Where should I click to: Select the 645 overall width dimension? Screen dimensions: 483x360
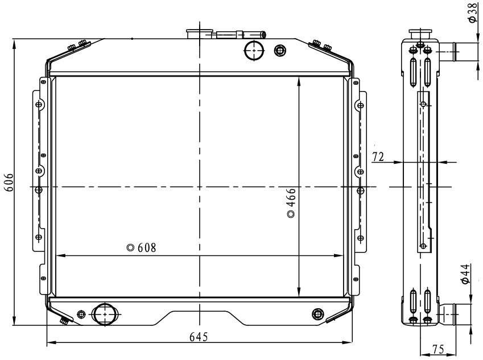(x=199, y=337)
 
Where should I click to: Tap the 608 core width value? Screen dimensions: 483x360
(x=147, y=247)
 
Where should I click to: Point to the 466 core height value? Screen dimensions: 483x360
(x=291, y=197)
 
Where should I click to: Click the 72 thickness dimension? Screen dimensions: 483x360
(x=378, y=157)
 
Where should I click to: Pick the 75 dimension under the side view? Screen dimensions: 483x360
(x=437, y=349)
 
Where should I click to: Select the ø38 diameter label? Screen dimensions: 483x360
(x=473, y=13)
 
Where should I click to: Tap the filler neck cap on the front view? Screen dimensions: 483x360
(x=200, y=34)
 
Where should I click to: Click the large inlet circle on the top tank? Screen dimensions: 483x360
(x=254, y=51)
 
